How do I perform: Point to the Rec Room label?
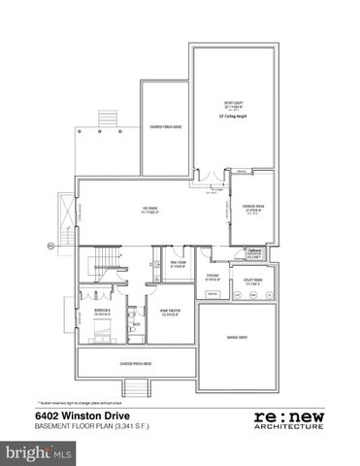tap(148, 212)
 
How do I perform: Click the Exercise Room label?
tap(254, 210)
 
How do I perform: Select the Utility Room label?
tap(251, 283)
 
